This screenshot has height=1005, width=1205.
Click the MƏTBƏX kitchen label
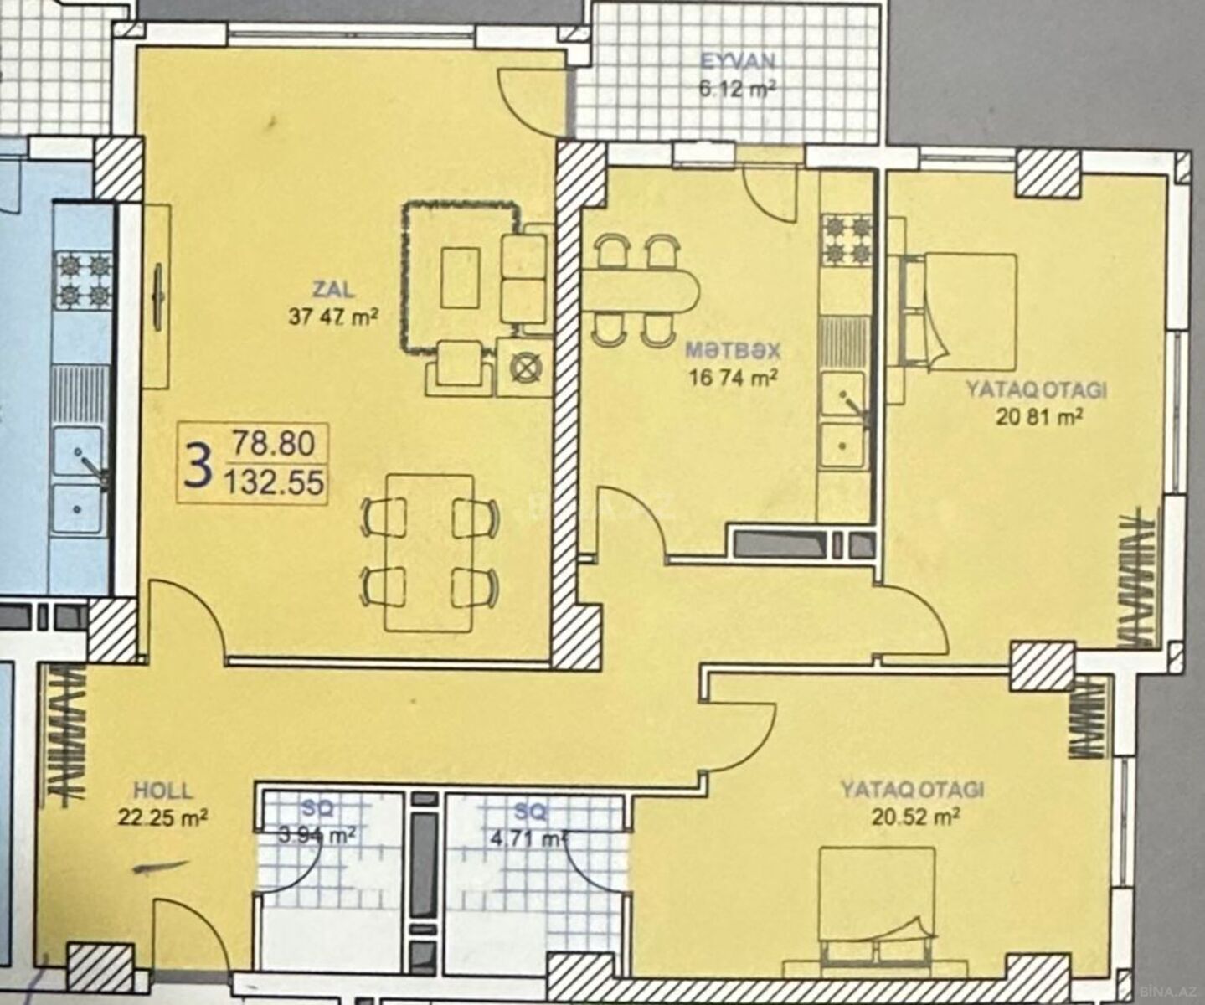click(733, 350)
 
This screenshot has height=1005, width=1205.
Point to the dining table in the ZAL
click(430, 553)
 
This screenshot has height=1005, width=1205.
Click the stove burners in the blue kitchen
click(85, 280)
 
